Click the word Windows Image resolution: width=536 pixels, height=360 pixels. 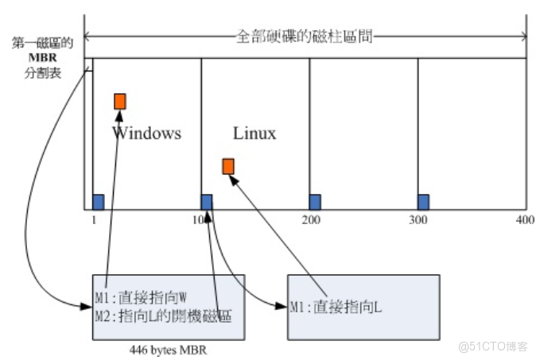point(146,133)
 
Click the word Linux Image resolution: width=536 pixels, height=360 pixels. point(254,133)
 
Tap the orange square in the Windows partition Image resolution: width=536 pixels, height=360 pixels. point(120,101)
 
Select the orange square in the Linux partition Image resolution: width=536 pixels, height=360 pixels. point(228,165)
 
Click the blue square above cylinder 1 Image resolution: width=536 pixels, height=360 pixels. point(99,201)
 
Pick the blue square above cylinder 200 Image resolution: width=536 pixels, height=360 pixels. point(315,201)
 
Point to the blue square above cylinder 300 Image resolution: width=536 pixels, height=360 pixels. point(423,201)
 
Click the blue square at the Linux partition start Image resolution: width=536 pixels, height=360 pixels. point(207,201)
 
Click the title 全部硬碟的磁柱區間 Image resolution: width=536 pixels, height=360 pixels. point(305,36)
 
